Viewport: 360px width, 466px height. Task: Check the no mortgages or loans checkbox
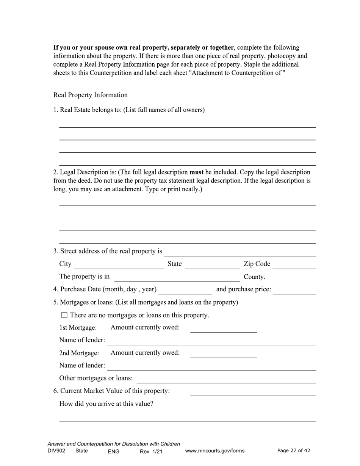[x=64, y=315]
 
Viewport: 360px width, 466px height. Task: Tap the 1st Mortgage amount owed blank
[x=223, y=328]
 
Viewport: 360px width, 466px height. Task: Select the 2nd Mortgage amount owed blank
[x=223, y=354]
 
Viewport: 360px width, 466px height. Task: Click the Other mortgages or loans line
[x=226, y=379]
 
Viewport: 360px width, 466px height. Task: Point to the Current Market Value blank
[x=253, y=392]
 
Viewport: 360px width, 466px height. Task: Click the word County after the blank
[x=254, y=277]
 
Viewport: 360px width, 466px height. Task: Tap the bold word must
[x=197, y=172]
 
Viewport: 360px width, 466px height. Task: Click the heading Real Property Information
[x=91, y=95]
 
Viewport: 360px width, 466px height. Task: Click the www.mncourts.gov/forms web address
[x=215, y=451]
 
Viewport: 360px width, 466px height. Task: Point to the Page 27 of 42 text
[x=294, y=450]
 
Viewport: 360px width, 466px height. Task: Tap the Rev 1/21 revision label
[x=151, y=451]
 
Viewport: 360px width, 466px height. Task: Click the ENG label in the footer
[x=114, y=451]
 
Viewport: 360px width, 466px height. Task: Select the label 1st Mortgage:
[x=78, y=328]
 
